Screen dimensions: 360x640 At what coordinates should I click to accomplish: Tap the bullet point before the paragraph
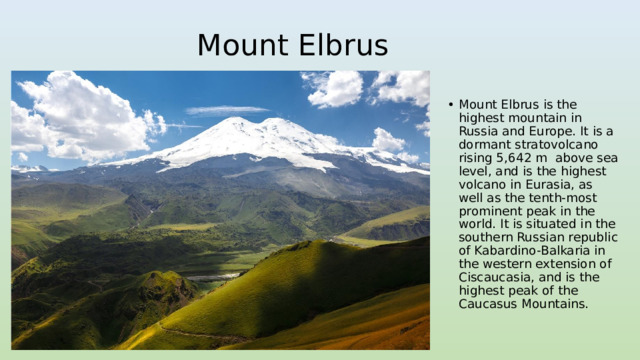coord(452,104)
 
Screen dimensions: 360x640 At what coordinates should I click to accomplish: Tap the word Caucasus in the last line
coord(488,304)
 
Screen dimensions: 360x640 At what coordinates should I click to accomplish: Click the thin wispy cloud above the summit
coord(226,110)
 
